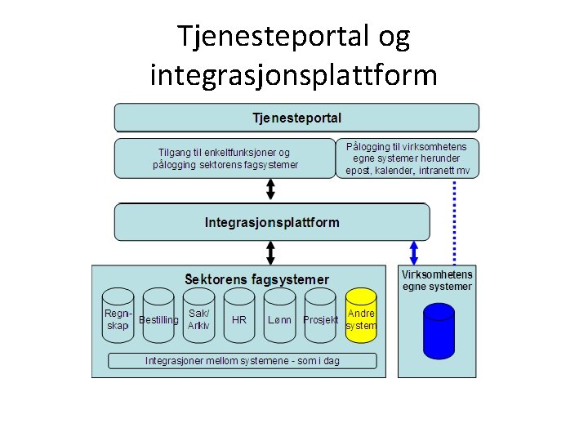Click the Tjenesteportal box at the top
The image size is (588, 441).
pyautogui.click(x=296, y=117)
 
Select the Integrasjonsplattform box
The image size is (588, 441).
pyautogui.click(x=271, y=222)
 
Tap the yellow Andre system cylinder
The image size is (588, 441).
pyautogui.click(x=361, y=319)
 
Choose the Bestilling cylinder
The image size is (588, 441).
pyautogui.click(x=158, y=319)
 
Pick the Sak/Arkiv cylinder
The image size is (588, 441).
pyautogui.click(x=198, y=319)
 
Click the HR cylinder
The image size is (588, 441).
pyautogui.click(x=239, y=319)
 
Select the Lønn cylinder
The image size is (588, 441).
pyautogui.click(x=279, y=319)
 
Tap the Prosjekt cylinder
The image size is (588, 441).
pyautogui.click(x=320, y=319)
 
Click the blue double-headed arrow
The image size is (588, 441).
pyautogui.click(x=414, y=252)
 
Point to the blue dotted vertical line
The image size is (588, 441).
pyautogui.click(x=455, y=220)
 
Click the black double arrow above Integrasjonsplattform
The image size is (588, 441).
pyautogui.click(x=271, y=189)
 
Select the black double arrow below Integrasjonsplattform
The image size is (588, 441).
pyautogui.click(x=271, y=252)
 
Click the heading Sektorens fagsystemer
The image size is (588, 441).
pyautogui.click(x=256, y=279)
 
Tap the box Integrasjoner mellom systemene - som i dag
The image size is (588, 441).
pyautogui.click(x=243, y=360)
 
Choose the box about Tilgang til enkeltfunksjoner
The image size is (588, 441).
pyautogui.click(x=225, y=158)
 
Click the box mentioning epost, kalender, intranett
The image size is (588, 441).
pyautogui.click(x=408, y=158)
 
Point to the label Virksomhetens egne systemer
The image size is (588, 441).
pyautogui.click(x=437, y=280)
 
